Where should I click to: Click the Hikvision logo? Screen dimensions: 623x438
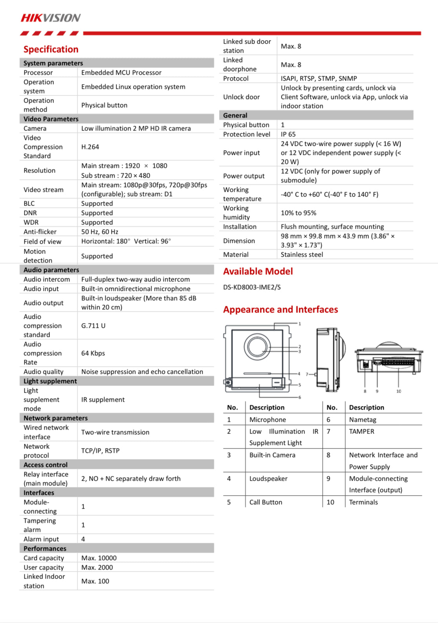51,18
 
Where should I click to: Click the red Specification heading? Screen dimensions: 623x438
51,49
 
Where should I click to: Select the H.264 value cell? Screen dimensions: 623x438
90,147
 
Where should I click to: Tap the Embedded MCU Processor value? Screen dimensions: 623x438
121,73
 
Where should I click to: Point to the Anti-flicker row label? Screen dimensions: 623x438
40,232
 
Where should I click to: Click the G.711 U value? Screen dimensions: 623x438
93,326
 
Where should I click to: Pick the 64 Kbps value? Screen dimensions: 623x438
93,353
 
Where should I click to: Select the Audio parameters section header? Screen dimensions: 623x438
51,270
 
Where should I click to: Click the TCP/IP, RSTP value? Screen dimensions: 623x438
100,451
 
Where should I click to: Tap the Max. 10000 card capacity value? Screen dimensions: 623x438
99,558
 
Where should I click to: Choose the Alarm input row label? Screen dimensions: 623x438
41,539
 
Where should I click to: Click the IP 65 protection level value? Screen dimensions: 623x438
288,134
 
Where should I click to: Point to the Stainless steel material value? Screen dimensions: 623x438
302,255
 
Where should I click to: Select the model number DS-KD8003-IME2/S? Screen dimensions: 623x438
252,287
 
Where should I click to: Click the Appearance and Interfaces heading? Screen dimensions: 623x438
281,310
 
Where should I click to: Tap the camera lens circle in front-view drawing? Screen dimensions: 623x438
257,347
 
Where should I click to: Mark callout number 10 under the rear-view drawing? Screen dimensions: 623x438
399,391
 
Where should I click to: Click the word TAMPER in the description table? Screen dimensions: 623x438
361,432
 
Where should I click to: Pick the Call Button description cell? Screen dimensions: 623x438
266,502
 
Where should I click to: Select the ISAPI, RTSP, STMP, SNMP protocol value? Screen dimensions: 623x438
319,79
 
